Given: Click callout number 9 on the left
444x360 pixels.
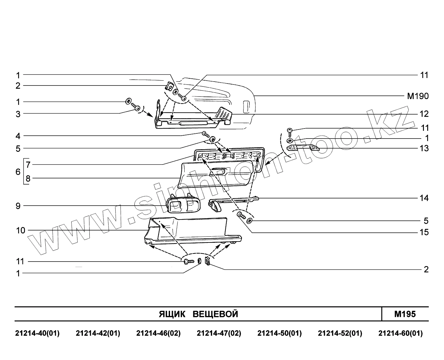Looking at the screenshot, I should (x=18, y=206).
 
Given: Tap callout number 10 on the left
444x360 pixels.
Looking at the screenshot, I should (x=20, y=231).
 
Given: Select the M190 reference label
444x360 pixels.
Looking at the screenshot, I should (x=418, y=96).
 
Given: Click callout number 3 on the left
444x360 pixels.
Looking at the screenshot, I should (x=18, y=114).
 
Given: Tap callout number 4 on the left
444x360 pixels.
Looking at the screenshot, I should (x=18, y=136).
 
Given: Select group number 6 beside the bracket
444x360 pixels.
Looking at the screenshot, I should (x=18, y=172).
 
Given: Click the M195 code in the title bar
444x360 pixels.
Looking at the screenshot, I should (x=405, y=314).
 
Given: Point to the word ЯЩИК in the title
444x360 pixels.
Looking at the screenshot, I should (x=172, y=314).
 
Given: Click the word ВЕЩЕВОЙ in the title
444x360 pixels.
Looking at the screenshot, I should (x=215, y=314).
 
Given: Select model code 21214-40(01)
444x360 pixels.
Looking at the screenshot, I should (x=37, y=333).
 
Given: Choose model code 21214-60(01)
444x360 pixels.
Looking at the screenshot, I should (x=400, y=333).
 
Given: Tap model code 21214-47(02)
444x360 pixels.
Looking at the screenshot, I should (x=219, y=333).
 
